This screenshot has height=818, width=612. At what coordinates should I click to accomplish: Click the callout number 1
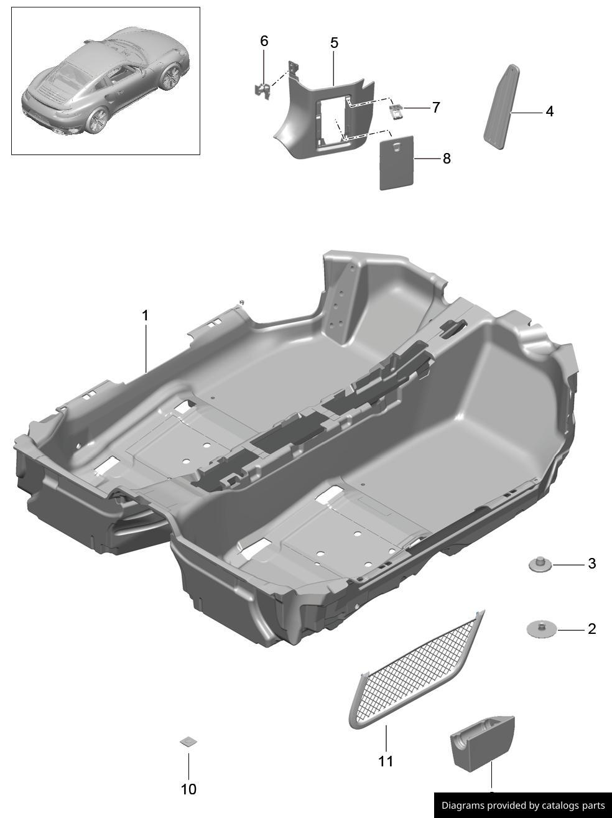point(146,315)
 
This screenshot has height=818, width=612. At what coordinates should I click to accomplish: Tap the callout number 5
point(334,43)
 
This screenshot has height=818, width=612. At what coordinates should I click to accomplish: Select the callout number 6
point(264,41)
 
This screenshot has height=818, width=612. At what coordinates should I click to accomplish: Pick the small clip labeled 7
point(396,111)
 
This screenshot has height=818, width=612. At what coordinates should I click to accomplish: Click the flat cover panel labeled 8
point(397,162)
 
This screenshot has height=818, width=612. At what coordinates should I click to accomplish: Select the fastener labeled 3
point(540,564)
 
